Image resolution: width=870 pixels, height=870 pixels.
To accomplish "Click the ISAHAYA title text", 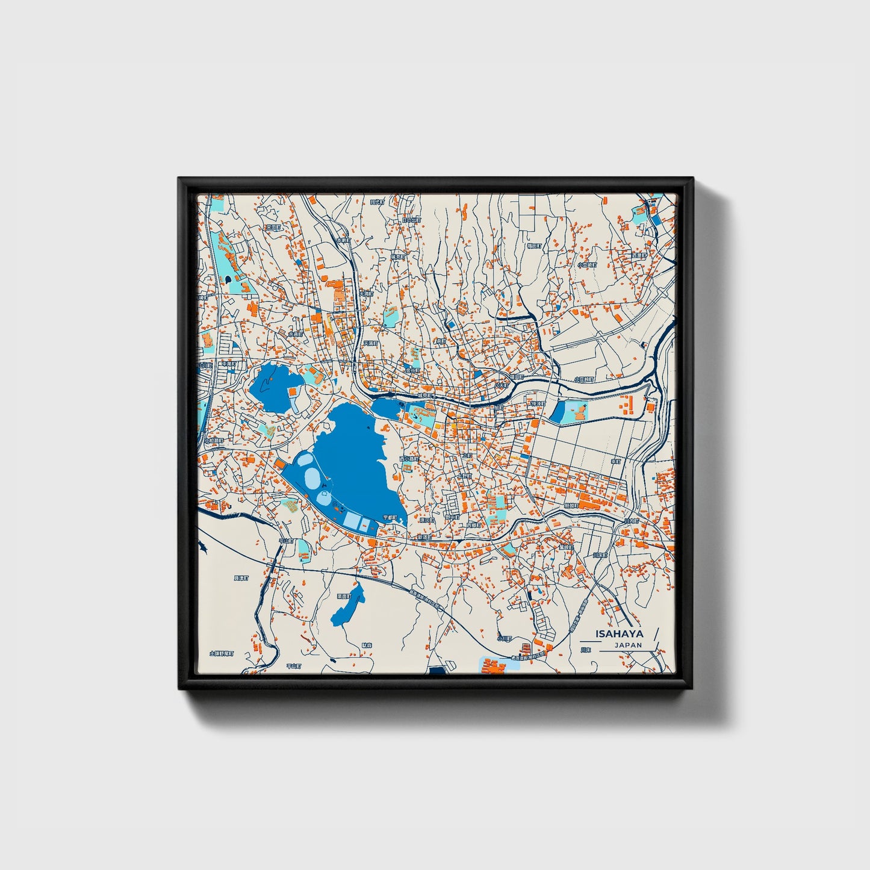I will click(619, 633).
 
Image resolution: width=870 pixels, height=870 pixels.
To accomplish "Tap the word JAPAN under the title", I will click(628, 645).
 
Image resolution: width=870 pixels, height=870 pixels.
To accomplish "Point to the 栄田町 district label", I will click(273, 228).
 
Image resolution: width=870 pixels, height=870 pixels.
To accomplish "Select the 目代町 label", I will click(377, 202).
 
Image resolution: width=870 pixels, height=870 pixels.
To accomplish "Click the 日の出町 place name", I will click(411, 220).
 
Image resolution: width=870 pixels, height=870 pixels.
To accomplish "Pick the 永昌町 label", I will click(296, 334).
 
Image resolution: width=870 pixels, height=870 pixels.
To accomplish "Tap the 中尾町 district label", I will click(229, 364).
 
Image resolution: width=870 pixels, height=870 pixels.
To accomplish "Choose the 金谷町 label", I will click(412, 370).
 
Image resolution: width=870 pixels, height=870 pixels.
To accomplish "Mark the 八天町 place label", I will click(502, 384).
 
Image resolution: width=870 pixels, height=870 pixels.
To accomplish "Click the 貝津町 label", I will click(241, 578).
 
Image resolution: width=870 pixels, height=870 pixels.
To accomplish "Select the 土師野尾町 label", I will click(221, 653).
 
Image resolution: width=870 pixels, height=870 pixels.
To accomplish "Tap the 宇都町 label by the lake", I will click(390, 517).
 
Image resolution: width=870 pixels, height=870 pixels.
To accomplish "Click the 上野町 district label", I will click(465, 475).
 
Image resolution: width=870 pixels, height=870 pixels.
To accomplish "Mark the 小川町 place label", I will click(504, 638).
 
